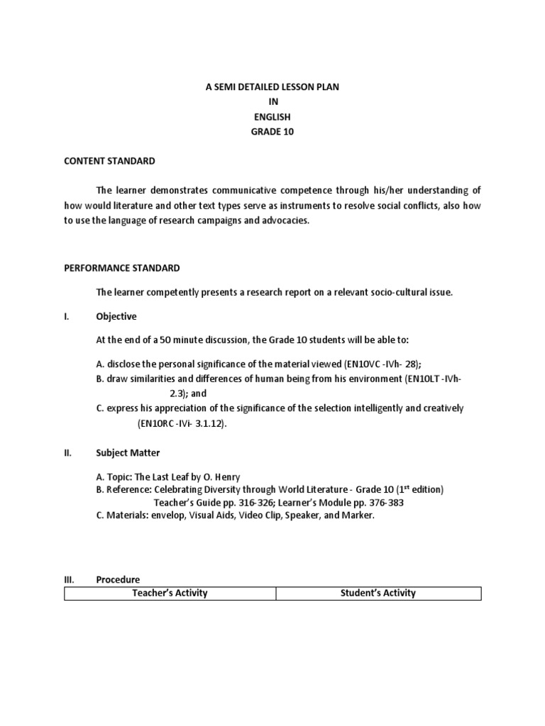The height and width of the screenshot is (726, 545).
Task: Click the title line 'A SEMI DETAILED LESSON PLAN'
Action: pyautogui.click(x=272, y=86)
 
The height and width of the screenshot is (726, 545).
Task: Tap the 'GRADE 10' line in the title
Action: pyautogui.click(x=272, y=131)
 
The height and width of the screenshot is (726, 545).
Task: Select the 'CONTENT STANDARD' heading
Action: pyautogui.click(x=109, y=161)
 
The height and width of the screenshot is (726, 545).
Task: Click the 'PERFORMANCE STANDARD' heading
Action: pyautogui.click(x=121, y=268)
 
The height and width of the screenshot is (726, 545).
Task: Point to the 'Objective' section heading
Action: pyautogui.click(x=116, y=316)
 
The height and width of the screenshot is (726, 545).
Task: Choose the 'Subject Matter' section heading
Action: pyautogui.click(x=128, y=452)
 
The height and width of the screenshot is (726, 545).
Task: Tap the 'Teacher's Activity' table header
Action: pyautogui.click(x=170, y=593)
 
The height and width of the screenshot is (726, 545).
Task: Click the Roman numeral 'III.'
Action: pyautogui.click(x=69, y=579)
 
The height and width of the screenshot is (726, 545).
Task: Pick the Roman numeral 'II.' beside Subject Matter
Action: pyautogui.click(x=67, y=452)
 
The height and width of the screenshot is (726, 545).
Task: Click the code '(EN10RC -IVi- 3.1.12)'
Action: pyautogui.click(x=184, y=423)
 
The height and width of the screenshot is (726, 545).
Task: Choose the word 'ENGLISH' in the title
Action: pyautogui.click(x=272, y=116)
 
